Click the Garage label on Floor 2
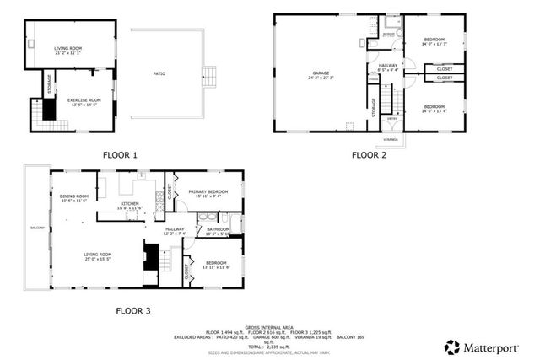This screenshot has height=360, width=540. [x=321, y=73]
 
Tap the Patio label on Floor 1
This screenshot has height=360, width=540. [x=159, y=74]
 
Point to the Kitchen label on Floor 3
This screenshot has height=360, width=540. [x=129, y=203]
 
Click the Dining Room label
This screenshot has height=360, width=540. [x=73, y=196]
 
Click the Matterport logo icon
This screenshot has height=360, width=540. [x=453, y=347]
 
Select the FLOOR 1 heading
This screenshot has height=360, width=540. [x=119, y=155]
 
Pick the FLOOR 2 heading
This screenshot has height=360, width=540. [x=369, y=155]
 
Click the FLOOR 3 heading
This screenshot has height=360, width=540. [x=132, y=311]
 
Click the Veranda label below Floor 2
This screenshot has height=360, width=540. [x=390, y=137]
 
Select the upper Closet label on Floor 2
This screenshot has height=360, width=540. [x=444, y=68]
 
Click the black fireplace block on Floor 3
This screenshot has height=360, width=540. [x=151, y=255]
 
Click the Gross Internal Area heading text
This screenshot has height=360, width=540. [x=269, y=326]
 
